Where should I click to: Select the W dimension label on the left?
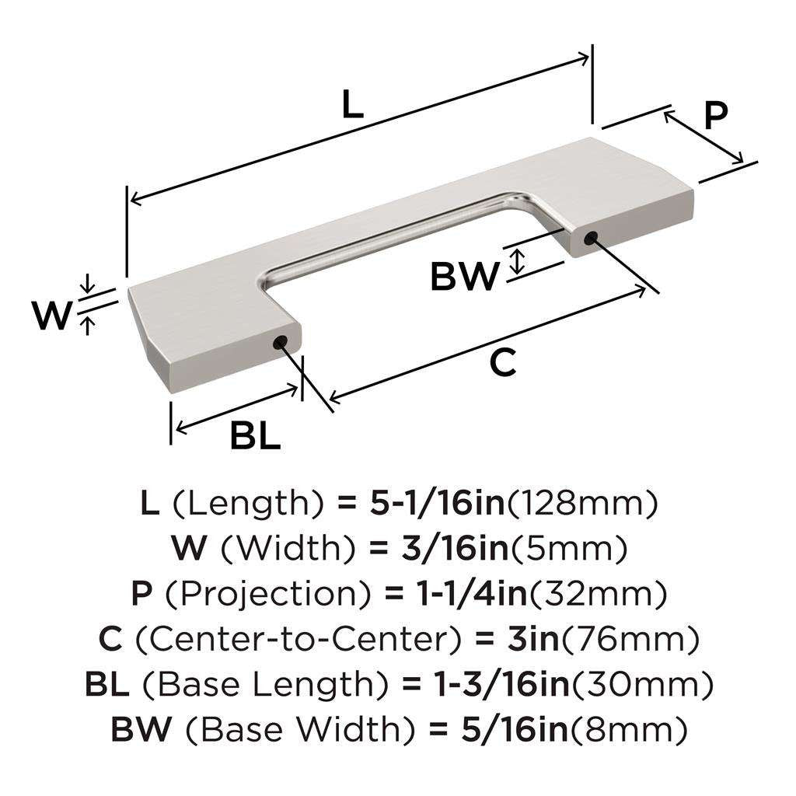click(x=51, y=316)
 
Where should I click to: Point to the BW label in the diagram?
click(x=463, y=277)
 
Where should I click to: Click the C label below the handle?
click(x=504, y=363)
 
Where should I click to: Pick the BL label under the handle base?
click(x=255, y=438)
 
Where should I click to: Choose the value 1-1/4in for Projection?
click(x=469, y=595)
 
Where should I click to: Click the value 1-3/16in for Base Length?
click(x=494, y=685)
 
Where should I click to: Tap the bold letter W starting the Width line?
click(x=190, y=550)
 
